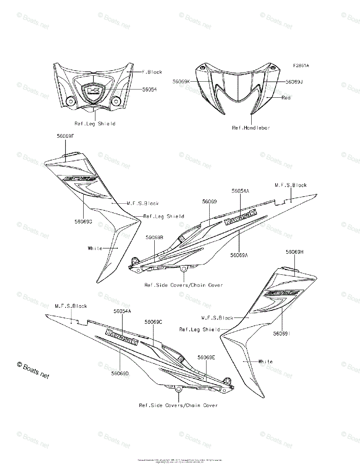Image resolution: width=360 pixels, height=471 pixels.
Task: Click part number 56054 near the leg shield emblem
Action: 149,89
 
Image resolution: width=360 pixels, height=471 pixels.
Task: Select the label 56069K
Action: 181,81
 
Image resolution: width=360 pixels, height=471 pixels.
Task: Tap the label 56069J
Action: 294,82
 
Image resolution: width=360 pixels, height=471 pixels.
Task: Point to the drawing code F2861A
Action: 300,66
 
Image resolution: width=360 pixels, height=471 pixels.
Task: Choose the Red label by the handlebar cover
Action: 286,97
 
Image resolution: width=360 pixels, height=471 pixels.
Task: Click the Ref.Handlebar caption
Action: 251,128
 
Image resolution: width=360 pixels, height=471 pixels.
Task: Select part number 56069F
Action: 65,136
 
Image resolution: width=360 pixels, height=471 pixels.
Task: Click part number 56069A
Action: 239,255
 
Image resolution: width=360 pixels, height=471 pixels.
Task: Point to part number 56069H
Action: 294,252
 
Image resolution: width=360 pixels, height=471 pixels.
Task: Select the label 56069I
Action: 281,333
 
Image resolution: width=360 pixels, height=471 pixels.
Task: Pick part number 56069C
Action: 153,322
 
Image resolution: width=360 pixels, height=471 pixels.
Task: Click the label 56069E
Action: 206,357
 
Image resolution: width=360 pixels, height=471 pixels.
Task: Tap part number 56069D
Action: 120,373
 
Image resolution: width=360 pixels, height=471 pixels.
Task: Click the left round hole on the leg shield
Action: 71,101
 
